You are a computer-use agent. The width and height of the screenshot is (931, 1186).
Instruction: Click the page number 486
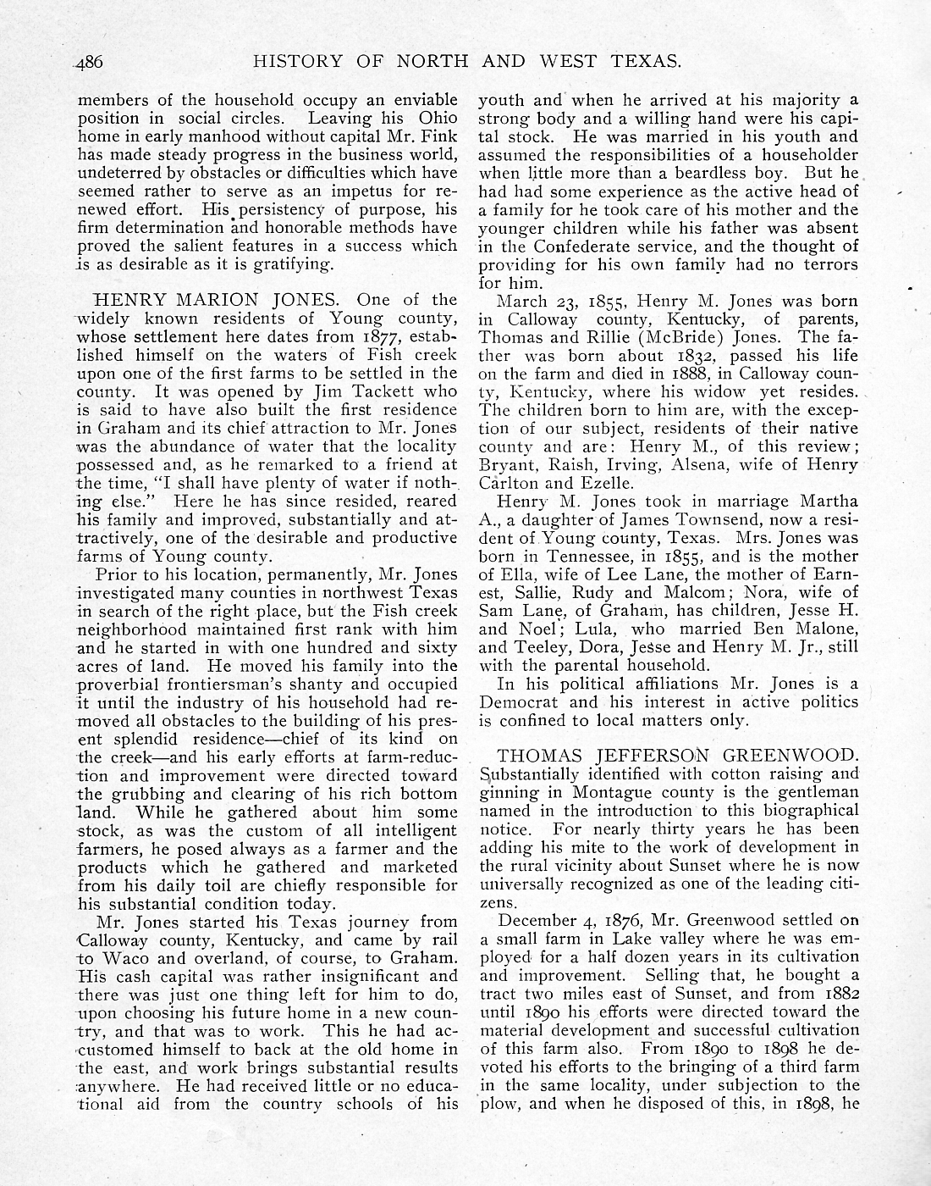(x=88, y=62)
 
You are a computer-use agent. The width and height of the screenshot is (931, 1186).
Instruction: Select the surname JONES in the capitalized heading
(x=284, y=300)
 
